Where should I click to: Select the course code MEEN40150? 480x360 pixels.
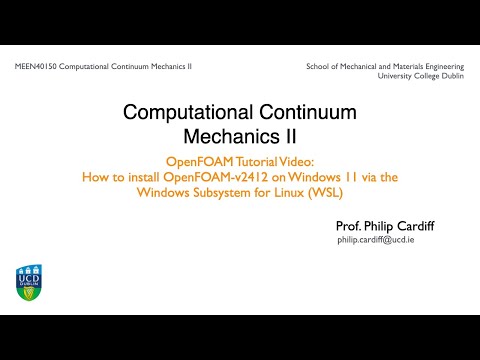[x=35, y=66]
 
